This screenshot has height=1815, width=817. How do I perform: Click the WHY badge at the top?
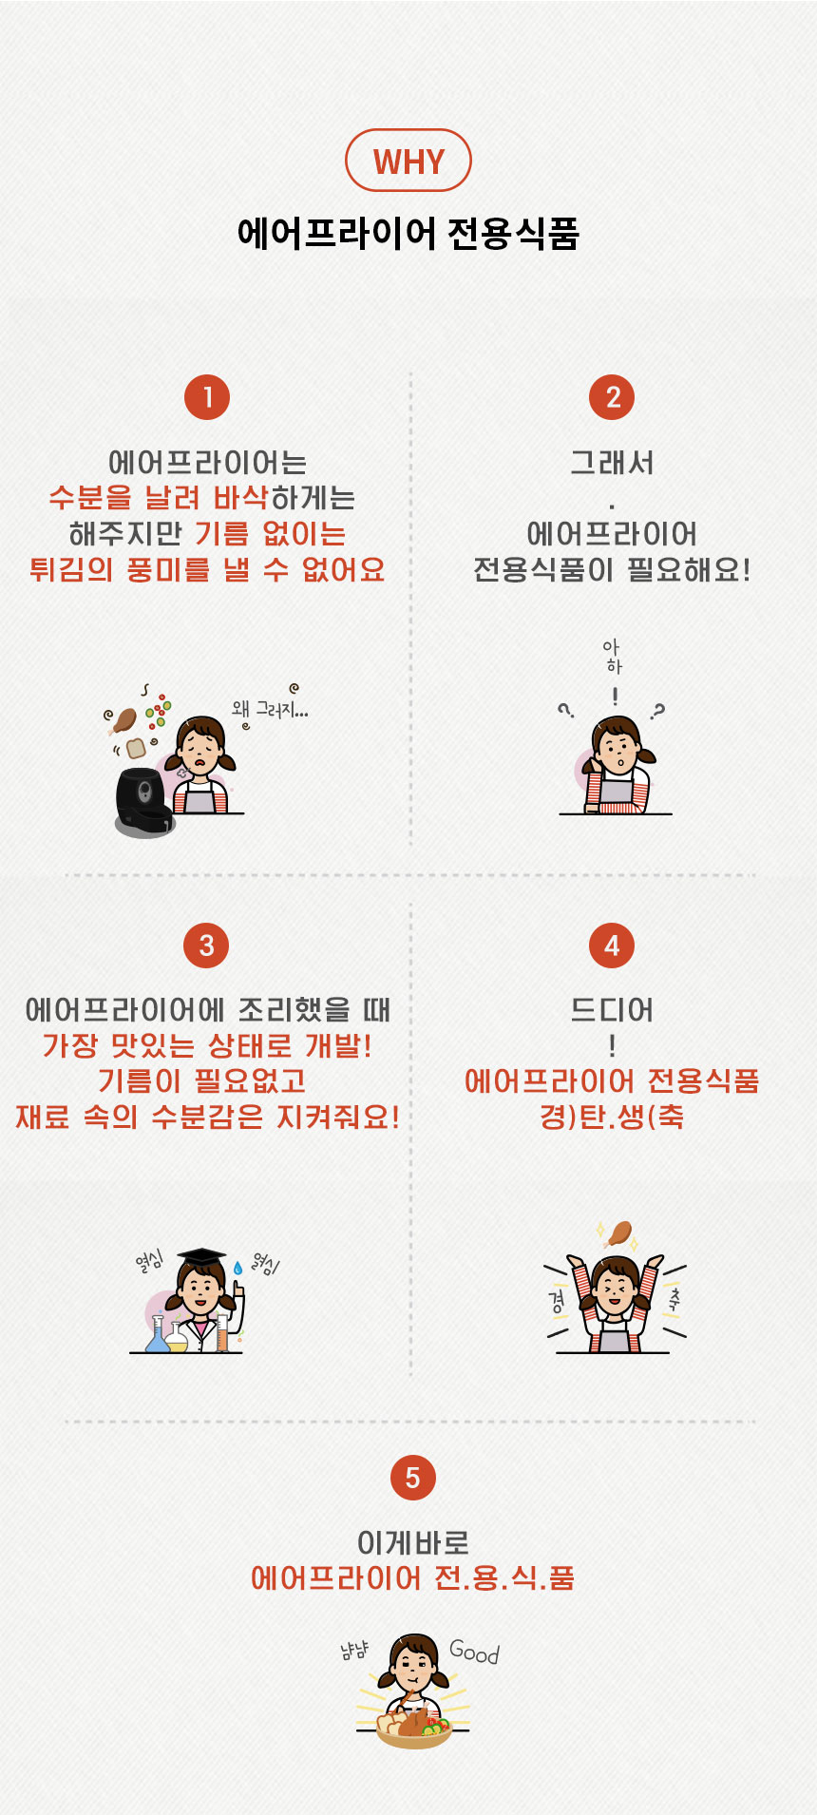click(x=408, y=161)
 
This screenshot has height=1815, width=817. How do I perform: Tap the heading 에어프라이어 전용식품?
click(x=408, y=233)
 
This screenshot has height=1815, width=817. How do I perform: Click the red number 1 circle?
click(x=207, y=397)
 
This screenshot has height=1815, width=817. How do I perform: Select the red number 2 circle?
click(x=613, y=397)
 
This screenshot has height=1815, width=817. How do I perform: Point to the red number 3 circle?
click(x=207, y=946)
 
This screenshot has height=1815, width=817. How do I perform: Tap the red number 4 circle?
click(x=613, y=946)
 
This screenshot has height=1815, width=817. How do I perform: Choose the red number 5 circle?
click(x=412, y=1478)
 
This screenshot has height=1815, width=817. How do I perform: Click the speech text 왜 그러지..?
click(x=270, y=709)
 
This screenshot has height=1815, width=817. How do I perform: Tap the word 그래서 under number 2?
click(x=613, y=463)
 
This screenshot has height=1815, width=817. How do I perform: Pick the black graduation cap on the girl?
click(x=202, y=1258)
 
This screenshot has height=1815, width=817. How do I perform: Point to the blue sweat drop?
click(x=237, y=1268)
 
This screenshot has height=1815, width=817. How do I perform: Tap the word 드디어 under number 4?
click(x=613, y=1010)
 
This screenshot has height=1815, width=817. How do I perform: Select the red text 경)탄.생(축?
click(x=613, y=1116)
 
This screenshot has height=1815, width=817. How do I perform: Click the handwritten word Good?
click(x=474, y=1652)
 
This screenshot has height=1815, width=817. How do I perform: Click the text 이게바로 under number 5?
click(x=413, y=1542)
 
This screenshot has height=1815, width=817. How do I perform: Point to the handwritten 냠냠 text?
click(x=354, y=1652)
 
